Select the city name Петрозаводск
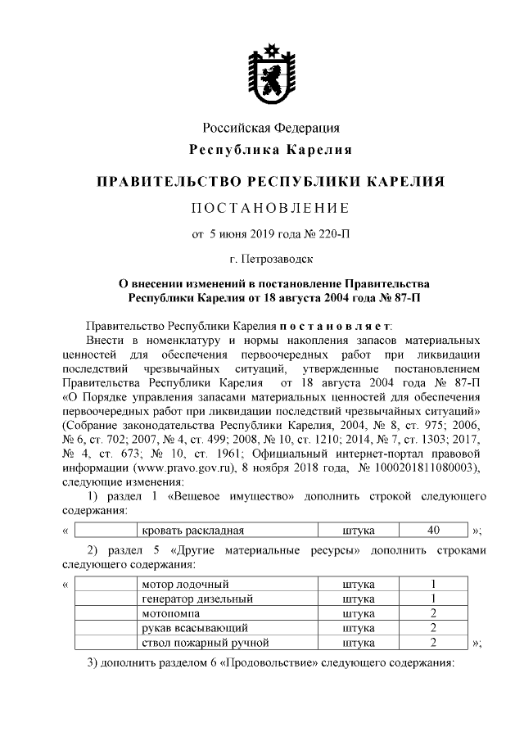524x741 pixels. point(278,261)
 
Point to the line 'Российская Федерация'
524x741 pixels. point(271,128)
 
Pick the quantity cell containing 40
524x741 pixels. point(433,531)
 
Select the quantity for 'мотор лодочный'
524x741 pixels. point(433,584)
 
